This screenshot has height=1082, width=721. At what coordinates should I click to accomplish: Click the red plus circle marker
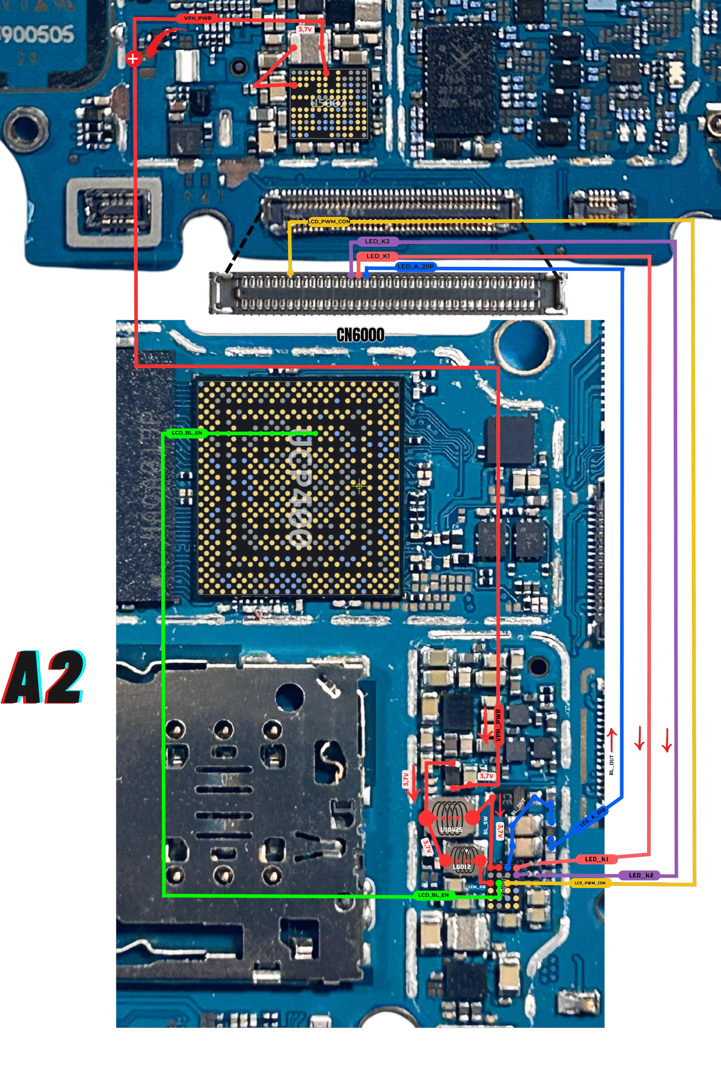133,58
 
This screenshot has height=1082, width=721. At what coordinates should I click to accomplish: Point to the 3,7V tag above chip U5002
305,30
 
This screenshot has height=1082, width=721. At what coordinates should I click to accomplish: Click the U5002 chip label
328,103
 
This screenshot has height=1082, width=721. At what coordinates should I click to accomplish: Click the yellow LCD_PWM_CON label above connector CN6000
328,221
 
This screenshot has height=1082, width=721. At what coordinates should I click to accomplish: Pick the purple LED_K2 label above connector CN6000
377,241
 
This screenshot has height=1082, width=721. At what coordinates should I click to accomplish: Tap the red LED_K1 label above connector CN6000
378,256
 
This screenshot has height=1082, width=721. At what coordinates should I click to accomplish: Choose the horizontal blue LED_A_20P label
415,266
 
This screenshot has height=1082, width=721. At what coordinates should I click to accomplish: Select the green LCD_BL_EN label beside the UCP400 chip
186,433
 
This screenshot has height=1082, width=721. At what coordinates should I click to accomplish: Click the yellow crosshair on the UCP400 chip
359,486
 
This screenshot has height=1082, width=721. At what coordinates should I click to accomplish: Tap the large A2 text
45,678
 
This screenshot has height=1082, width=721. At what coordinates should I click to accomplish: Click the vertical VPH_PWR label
498,724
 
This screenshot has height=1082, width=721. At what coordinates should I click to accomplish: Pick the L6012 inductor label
462,867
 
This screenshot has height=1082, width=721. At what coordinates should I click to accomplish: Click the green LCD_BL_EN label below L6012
433,895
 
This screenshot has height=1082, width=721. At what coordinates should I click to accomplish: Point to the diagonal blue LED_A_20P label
593,817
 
